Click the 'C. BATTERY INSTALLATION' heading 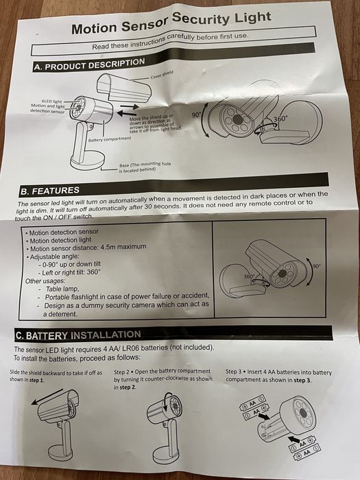pyautogui.click(x=79, y=335)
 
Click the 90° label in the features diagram pyautogui.click(x=316, y=265)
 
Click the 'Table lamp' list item pyautogui.click(x=58, y=289)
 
